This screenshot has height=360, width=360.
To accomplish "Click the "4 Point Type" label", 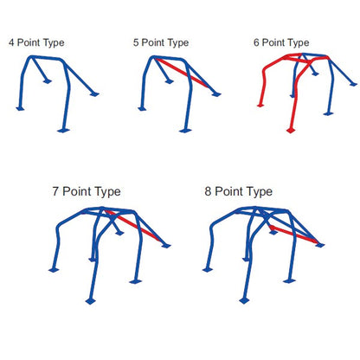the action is tap(36, 43).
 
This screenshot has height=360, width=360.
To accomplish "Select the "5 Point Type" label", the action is tap(161, 43).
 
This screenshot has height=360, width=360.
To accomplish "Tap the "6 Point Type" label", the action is tap(281, 43).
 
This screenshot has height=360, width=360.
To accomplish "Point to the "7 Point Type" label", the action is tap(87, 192).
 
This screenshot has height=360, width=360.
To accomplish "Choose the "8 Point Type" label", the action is tap(239, 192).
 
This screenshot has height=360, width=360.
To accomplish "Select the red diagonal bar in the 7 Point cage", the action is tap(133, 225).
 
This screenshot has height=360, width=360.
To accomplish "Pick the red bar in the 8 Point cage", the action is tap(292, 234).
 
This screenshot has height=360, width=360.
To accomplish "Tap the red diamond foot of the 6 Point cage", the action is tap(291, 131).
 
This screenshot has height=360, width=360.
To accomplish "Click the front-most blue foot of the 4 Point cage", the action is tap(63, 131).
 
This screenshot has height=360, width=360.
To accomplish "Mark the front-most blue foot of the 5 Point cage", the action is tap(185, 131).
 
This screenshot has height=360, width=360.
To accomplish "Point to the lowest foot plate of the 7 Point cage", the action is tap(91, 301).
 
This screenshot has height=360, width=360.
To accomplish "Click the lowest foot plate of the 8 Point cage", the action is tap(244, 301).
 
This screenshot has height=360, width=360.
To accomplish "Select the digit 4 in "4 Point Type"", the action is tap(11, 42).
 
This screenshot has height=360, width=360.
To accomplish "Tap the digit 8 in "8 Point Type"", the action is tap(208, 191).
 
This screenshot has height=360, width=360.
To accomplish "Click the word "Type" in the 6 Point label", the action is tap(299, 43).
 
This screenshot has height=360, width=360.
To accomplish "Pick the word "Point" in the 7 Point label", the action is tap(77, 191).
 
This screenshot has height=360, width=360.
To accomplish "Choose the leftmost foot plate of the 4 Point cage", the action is tap(20, 109).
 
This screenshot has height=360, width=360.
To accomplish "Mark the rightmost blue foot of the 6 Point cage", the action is tap(353, 84).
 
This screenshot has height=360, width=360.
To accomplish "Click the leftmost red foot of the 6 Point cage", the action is tap(260, 106).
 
